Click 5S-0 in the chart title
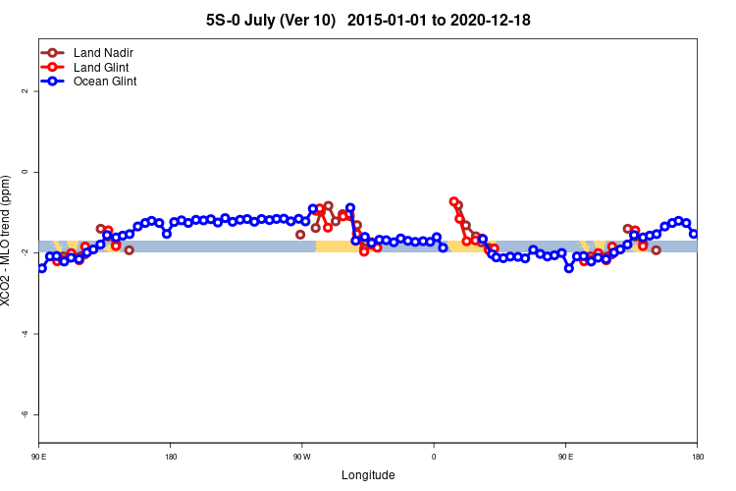pyautogui.click(x=227, y=20)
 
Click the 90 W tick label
pyautogui.click(x=301, y=457)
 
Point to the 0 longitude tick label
pyautogui.click(x=434, y=457)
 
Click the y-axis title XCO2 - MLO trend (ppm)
pyautogui.click(x=8, y=241)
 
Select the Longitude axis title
pyautogui.click(x=368, y=475)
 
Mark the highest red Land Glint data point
pyautogui.click(x=454, y=201)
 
